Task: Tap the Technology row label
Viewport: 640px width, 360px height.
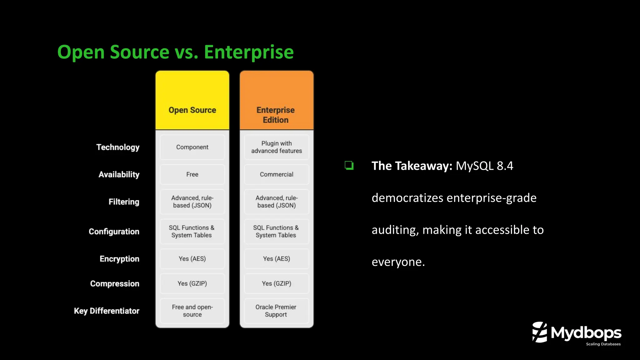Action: click(x=118, y=147)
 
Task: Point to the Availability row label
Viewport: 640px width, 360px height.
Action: click(x=119, y=174)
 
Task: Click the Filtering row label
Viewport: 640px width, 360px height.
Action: click(x=124, y=202)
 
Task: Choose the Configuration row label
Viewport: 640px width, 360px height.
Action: click(x=114, y=232)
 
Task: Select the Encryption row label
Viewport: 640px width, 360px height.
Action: click(x=119, y=259)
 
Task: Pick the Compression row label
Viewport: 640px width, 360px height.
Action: click(x=115, y=283)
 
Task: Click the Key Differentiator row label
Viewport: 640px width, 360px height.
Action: click(x=107, y=311)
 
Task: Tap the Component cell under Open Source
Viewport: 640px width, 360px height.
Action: click(x=192, y=147)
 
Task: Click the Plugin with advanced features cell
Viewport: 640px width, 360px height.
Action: click(x=277, y=147)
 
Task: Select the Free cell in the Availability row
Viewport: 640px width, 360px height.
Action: click(x=192, y=174)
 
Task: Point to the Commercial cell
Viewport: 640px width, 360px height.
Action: click(x=277, y=174)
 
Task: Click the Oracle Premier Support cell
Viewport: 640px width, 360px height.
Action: click(x=276, y=311)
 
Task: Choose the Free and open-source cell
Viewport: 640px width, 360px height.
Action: click(x=192, y=311)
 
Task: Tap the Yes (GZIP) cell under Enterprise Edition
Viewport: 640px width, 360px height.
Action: click(x=277, y=283)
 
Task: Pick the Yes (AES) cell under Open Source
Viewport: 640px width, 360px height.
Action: click(x=192, y=259)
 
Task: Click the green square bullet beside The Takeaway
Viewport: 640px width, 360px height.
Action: click(x=349, y=165)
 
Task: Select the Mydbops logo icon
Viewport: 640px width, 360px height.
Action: click(x=540, y=332)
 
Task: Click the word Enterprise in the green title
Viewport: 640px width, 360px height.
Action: click(x=249, y=52)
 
